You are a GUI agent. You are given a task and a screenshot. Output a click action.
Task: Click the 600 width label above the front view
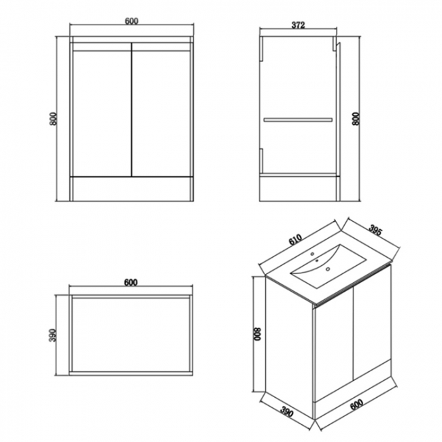click(x=132, y=21)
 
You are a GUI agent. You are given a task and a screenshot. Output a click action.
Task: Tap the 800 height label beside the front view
click(x=54, y=119)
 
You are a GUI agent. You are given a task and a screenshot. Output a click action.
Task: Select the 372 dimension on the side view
click(x=299, y=25)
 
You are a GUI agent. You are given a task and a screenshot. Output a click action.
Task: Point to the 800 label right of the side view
click(x=356, y=119)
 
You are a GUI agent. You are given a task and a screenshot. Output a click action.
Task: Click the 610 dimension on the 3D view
click(x=295, y=239)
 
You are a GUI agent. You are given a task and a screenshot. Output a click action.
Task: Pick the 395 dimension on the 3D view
click(x=375, y=230)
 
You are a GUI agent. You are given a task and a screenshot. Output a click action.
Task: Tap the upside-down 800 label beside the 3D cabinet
click(x=258, y=334)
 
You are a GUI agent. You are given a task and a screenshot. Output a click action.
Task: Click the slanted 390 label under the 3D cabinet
click(x=287, y=412)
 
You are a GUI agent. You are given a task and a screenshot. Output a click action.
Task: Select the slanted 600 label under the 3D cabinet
click(x=356, y=405)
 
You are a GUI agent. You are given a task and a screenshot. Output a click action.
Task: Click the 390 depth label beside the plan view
click(x=53, y=335)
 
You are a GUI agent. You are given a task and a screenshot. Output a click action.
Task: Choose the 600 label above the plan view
click(x=131, y=282)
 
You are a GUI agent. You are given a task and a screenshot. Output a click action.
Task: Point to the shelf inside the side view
click(x=298, y=120)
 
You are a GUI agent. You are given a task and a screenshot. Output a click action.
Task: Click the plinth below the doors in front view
click(x=132, y=189)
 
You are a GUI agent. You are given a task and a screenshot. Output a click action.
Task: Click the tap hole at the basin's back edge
click(x=312, y=254)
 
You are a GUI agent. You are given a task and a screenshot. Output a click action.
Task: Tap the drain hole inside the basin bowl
click(x=328, y=269)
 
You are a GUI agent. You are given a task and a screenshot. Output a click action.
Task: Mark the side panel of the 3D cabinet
click(x=290, y=348)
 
